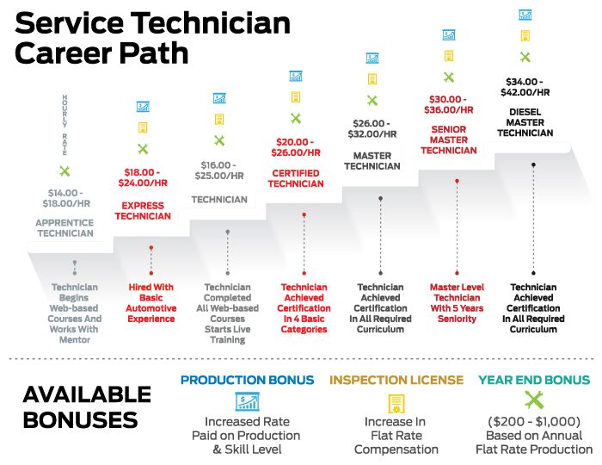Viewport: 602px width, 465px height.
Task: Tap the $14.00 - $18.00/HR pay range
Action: coord(65,199)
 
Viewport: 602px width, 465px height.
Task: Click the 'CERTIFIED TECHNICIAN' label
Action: coord(295,178)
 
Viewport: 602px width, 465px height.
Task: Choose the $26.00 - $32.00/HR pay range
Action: coord(372,129)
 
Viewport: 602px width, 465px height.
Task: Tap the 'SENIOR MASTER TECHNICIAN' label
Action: coord(448,139)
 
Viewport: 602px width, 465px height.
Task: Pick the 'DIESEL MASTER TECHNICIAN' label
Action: coord(525,122)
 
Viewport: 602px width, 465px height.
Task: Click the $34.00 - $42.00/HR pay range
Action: coord(525,87)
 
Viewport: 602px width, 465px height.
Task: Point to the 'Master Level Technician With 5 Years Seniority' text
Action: coord(457,303)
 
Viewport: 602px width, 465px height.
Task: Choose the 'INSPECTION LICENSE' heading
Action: coord(396,380)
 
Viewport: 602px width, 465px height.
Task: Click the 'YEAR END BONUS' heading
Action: coord(534,380)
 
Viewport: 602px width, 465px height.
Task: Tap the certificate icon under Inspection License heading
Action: coord(396,402)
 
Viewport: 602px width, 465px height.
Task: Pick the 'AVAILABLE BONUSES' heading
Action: coord(87,407)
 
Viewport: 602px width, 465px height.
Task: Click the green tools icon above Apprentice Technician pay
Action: coord(64,171)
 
